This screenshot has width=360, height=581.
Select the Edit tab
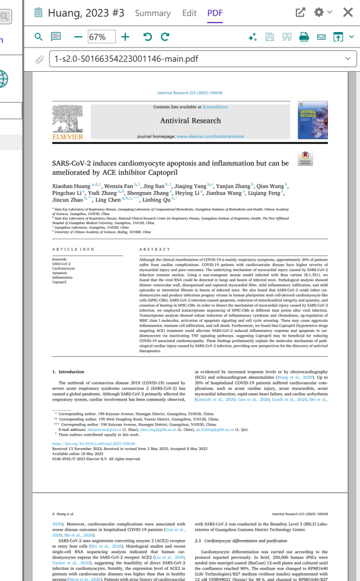(189, 12)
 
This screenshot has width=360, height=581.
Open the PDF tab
(215, 12)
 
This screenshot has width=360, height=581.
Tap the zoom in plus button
(125, 37)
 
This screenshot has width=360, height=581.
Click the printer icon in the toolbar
(304, 37)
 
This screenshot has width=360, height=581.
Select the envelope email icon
(321, 37)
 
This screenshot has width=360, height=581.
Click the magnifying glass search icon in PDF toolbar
(39, 37)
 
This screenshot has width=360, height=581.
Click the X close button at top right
(349, 12)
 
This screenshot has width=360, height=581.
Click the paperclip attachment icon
(39, 59)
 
